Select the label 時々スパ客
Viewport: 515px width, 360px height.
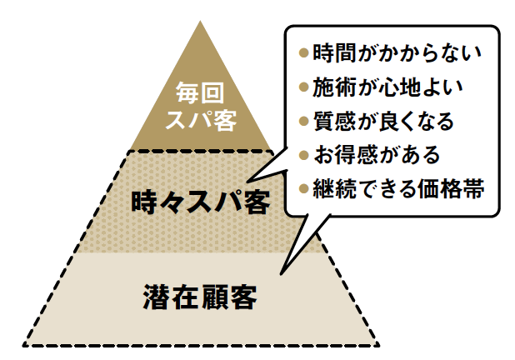(201, 202)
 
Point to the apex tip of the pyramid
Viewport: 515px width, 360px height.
(201, 21)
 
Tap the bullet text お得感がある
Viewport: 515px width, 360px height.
(376, 154)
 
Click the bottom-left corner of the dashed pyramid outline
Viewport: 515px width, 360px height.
(24, 344)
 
